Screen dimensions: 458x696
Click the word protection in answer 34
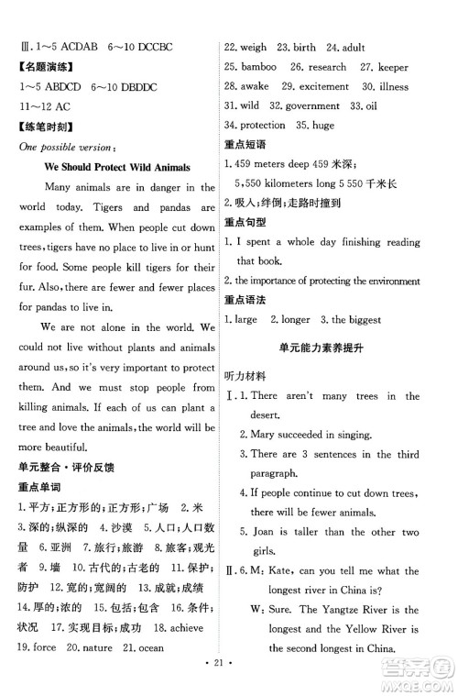(267, 125)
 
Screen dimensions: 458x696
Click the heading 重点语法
(249, 299)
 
